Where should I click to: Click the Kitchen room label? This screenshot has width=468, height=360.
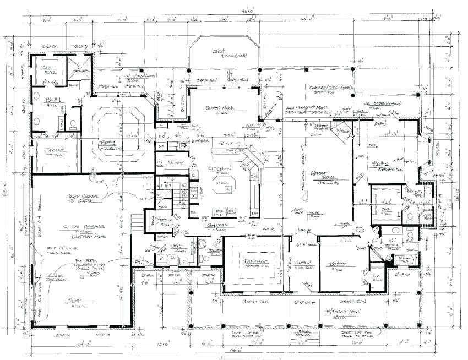click(219, 168)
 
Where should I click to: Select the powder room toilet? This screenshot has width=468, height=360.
click(205, 258)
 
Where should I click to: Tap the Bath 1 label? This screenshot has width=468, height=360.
click(54, 102)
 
